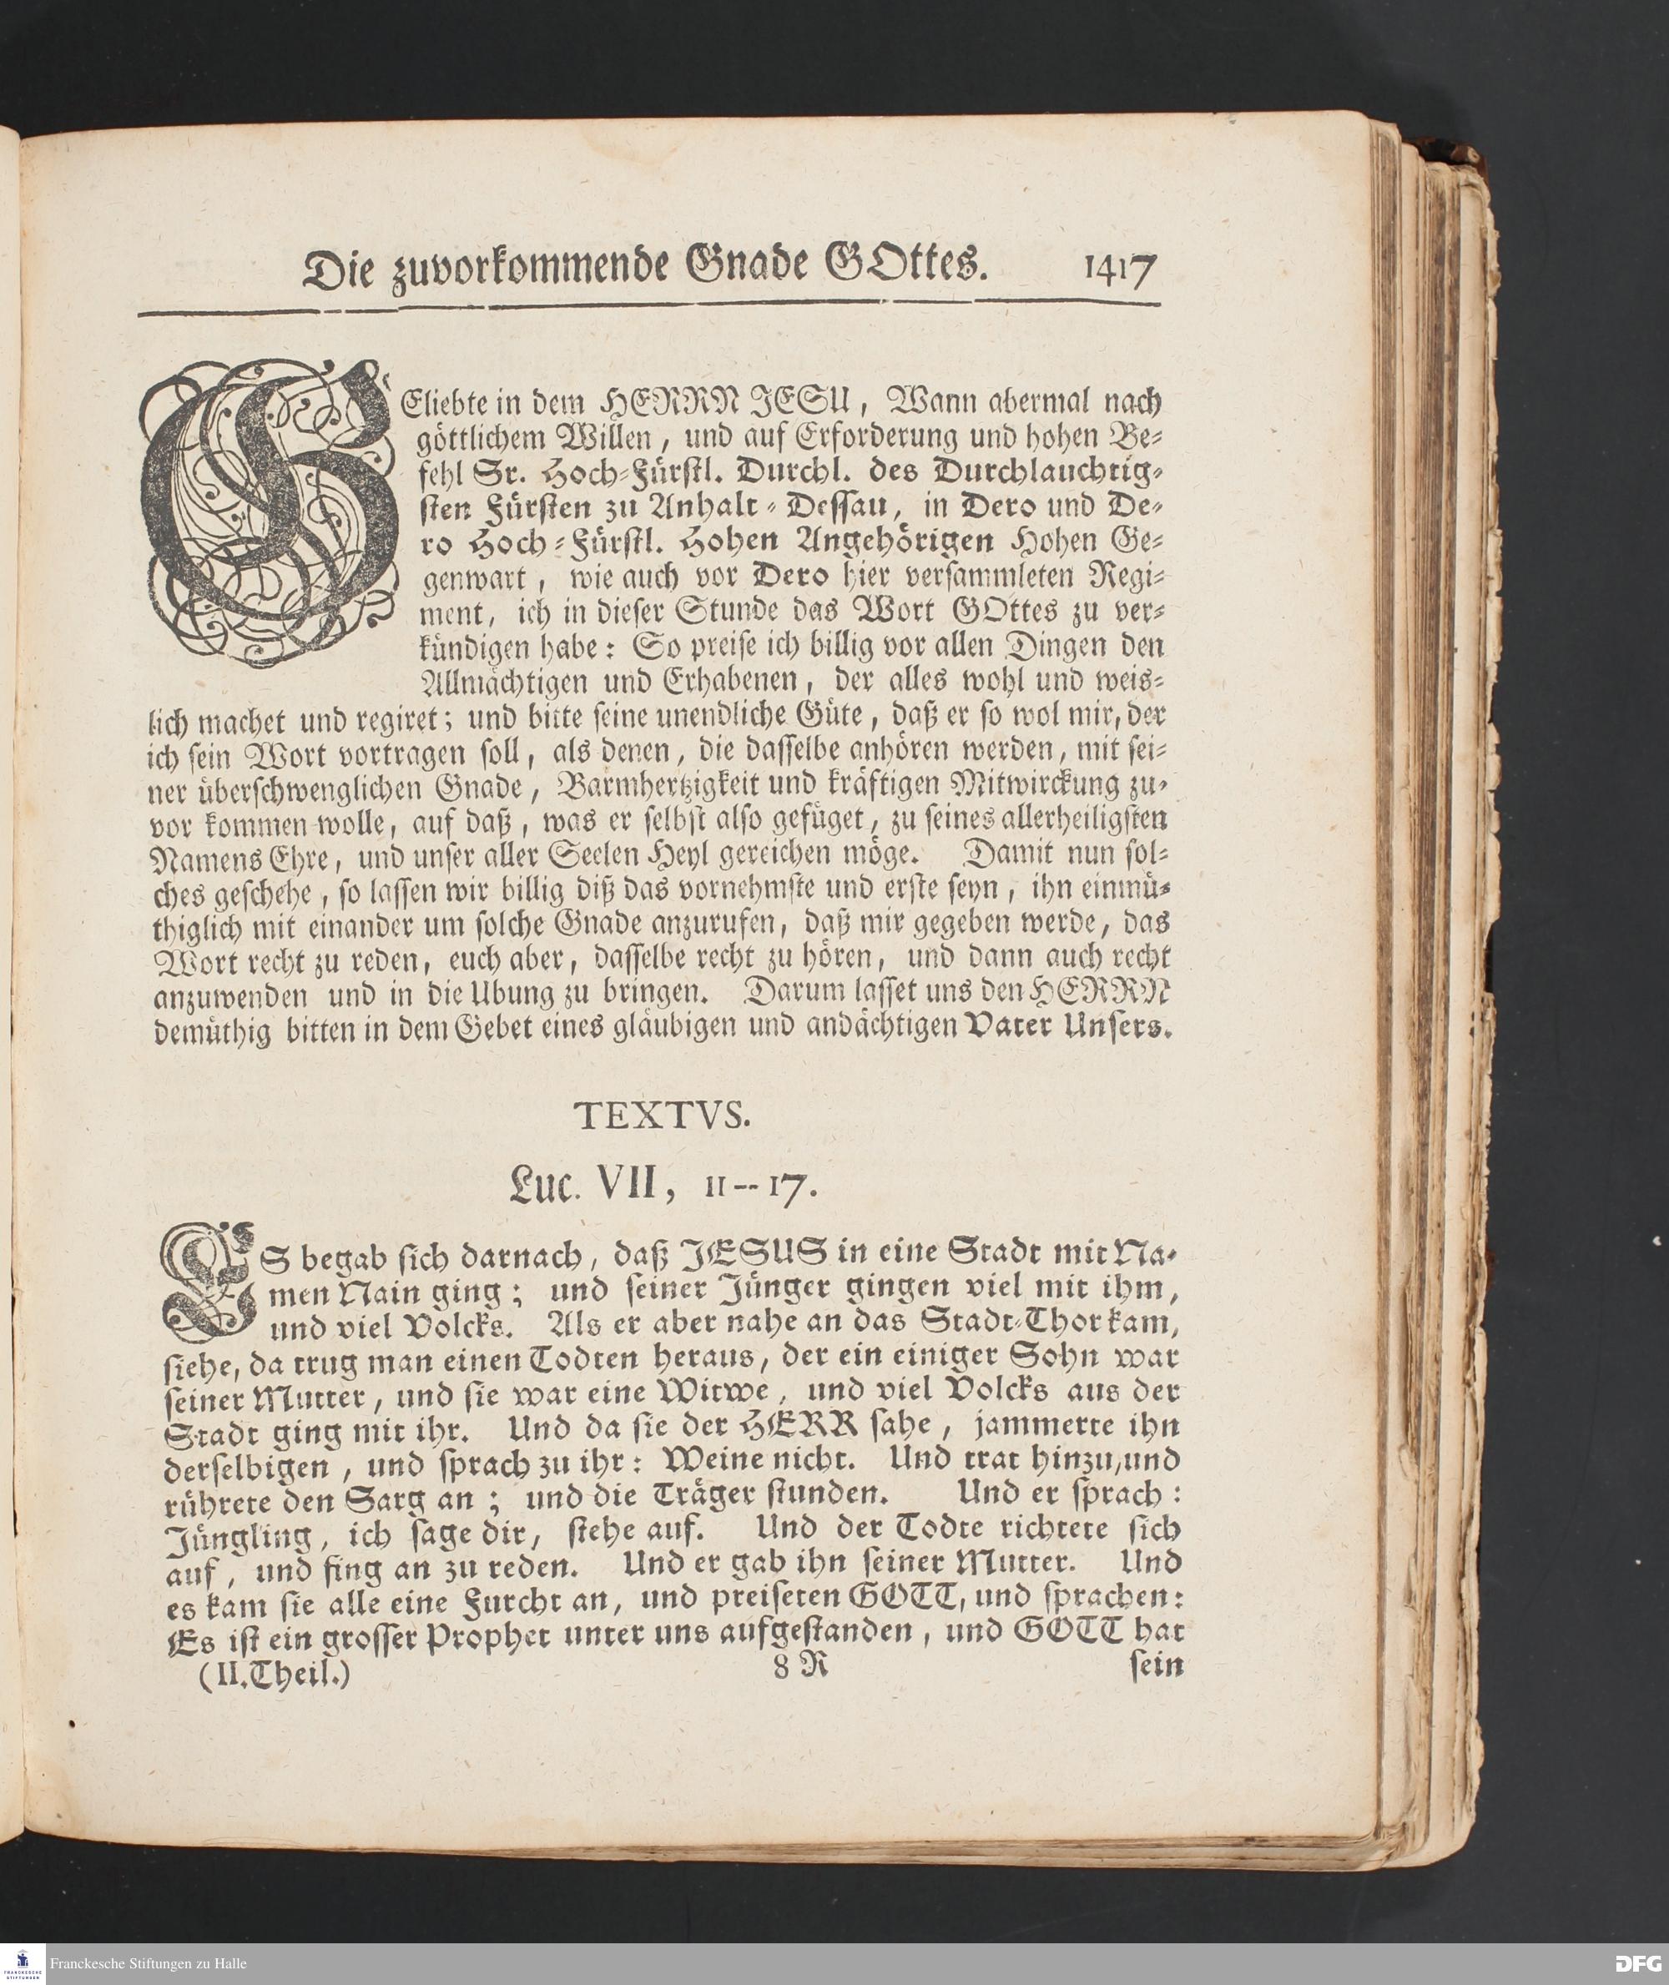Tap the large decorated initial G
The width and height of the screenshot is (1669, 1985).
(270, 511)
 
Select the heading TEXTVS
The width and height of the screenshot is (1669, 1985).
(663, 1117)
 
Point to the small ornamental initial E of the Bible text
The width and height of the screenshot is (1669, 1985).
(208, 1279)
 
